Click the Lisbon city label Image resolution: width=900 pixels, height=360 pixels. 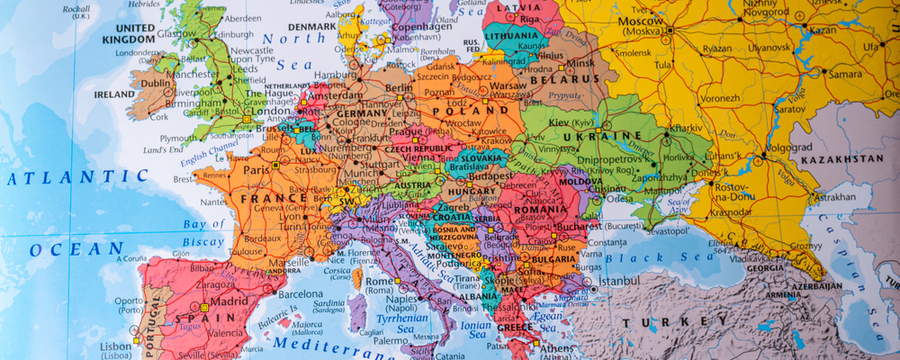[115, 346]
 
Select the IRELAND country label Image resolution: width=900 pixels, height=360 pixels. [114, 94]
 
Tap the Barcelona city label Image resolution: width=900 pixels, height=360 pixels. [301, 294]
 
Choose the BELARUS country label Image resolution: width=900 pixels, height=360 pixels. [554, 79]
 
